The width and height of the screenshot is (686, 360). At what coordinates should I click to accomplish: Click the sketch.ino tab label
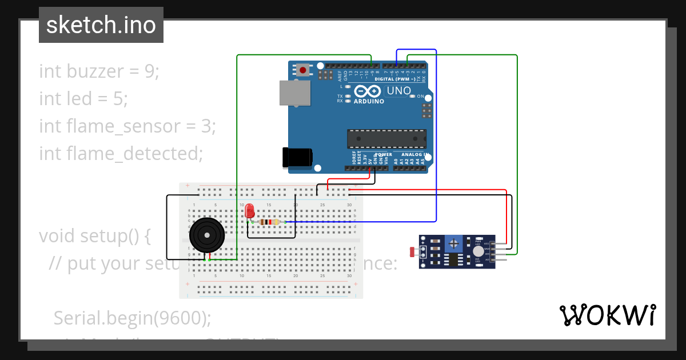click(101, 25)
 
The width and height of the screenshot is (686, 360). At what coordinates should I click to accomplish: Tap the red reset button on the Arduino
click(302, 70)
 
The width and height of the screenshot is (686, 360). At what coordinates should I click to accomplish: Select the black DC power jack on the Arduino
click(297, 158)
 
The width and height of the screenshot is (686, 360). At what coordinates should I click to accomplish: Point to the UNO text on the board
click(399, 91)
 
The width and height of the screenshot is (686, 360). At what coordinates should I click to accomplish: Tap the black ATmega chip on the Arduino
click(387, 139)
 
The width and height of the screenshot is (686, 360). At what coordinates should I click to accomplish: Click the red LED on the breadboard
click(250, 212)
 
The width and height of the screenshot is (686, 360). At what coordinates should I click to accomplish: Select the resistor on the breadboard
click(269, 222)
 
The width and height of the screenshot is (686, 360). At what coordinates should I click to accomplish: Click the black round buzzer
click(206, 235)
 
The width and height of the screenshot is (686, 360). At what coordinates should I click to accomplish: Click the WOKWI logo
click(608, 315)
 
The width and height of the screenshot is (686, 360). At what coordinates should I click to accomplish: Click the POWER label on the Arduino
click(384, 154)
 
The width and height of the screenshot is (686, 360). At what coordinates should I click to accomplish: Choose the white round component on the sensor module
click(478, 251)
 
